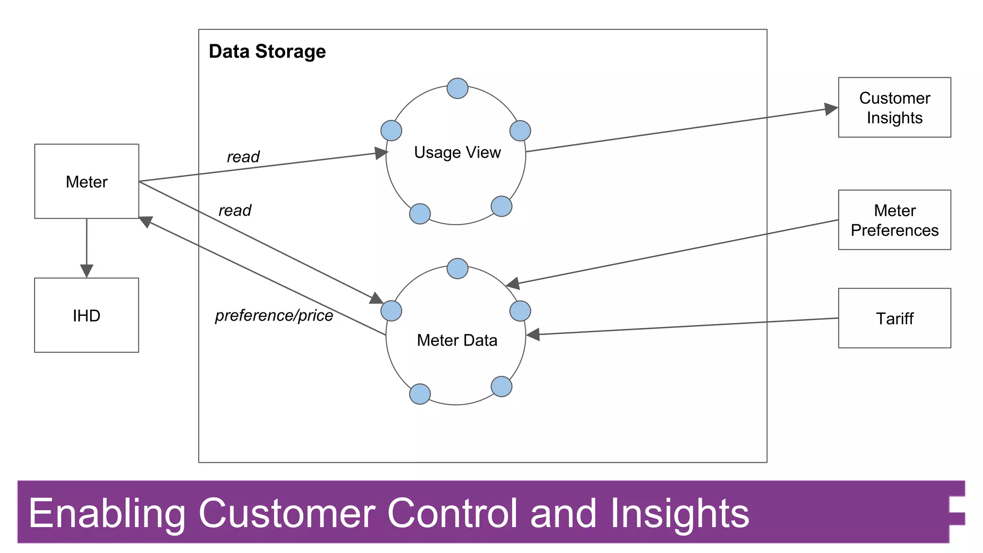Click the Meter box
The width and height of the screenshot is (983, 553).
pyautogui.click(x=86, y=181)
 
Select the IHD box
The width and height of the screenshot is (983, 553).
pyautogui.click(x=86, y=315)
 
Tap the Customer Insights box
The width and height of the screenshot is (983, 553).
pyautogui.click(x=894, y=108)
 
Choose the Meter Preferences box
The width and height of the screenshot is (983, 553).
pyautogui.click(x=894, y=220)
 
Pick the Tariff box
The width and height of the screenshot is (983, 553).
pyautogui.click(x=894, y=318)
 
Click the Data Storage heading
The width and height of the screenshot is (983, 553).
pyautogui.click(x=267, y=51)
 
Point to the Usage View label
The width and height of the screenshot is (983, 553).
pyautogui.click(x=457, y=152)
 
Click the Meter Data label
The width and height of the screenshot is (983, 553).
pyautogui.click(x=457, y=340)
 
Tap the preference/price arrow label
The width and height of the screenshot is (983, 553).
pyautogui.click(x=274, y=315)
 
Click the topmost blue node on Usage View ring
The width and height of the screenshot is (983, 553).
pyautogui.click(x=457, y=88)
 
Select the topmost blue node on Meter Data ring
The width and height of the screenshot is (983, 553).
pyautogui.click(x=457, y=268)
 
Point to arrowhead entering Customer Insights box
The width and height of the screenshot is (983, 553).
pyautogui.click(x=831, y=109)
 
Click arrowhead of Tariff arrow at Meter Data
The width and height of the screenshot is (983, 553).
pyautogui.click(x=533, y=334)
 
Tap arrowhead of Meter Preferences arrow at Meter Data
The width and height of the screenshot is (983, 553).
pyautogui.click(x=513, y=284)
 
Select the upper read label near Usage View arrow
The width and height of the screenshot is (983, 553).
pyautogui.click(x=243, y=156)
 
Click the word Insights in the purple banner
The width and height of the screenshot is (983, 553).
pyautogui.click(x=679, y=513)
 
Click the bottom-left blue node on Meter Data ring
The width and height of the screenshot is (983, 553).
pyautogui.click(x=420, y=394)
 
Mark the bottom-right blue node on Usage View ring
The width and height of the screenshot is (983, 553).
pyautogui.click(x=502, y=206)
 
